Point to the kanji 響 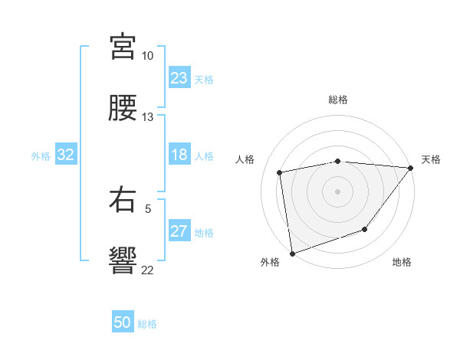pos(123,260)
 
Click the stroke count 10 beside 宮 pos(147,56)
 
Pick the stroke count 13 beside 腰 pos(147,117)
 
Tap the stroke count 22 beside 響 pos(147,270)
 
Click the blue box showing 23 pos(179,78)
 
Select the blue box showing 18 pos(179,155)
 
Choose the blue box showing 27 pos(179,231)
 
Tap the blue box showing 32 pos(66,155)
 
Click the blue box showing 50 pos(123,322)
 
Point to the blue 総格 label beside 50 pos(147,324)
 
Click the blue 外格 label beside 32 pos(41,156)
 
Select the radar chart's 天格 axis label pos(431,159)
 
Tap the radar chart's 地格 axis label pos(402,262)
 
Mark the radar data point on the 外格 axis pos(292,253)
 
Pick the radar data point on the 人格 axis pos(281,172)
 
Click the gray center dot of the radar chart pos(337,191)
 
